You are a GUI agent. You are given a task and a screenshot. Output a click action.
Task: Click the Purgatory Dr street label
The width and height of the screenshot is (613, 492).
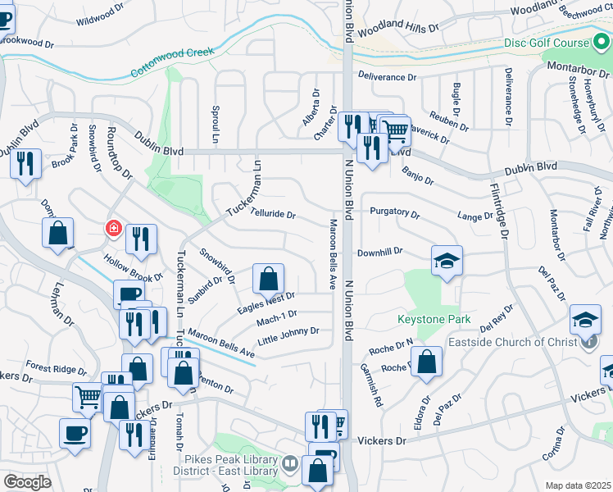pos(394,212)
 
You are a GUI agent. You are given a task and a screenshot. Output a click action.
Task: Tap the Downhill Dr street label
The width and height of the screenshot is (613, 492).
pos(380,252)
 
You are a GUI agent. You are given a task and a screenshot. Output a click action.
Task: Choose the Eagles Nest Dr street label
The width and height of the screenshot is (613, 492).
pos(266,301)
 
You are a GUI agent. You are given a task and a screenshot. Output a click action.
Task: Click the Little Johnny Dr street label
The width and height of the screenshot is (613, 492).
pos(288,335)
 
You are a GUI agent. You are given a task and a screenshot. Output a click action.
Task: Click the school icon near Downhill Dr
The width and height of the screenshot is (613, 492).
pos(447,262)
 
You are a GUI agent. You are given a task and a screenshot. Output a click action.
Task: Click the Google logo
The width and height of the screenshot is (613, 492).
pos(27,481)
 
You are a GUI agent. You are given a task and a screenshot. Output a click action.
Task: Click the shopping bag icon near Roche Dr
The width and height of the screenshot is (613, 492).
pos(427,362)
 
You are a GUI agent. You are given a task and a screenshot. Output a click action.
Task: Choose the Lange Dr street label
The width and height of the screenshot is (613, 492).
pos(476,216)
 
